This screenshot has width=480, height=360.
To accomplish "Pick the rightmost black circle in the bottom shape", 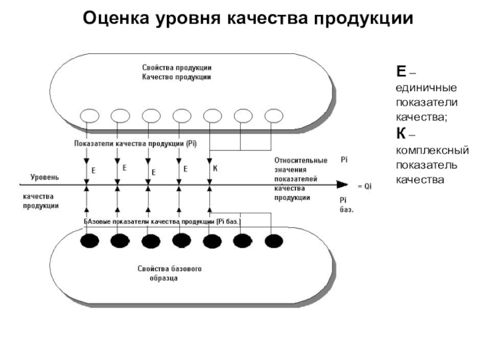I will pyautogui.click(x=273, y=241).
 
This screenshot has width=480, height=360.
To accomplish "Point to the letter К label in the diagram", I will pyautogui.click(x=215, y=170).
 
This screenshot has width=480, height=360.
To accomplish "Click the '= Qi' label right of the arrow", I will pyautogui.click(x=365, y=187).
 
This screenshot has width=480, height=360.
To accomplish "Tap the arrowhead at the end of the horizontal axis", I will pyautogui.click(x=342, y=185).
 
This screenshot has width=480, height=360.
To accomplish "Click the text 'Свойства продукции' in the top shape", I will pyautogui.click(x=176, y=68).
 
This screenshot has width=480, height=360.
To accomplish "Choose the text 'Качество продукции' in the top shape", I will pyautogui.click(x=176, y=77).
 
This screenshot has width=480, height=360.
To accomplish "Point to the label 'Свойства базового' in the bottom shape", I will pyautogui.click(x=170, y=269).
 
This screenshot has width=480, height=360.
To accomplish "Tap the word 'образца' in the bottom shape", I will pyautogui.click(x=163, y=279).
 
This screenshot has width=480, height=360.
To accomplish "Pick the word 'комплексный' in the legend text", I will pyautogui.click(x=432, y=149).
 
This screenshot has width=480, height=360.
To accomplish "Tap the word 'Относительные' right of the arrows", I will pyautogui.click(x=301, y=160).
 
